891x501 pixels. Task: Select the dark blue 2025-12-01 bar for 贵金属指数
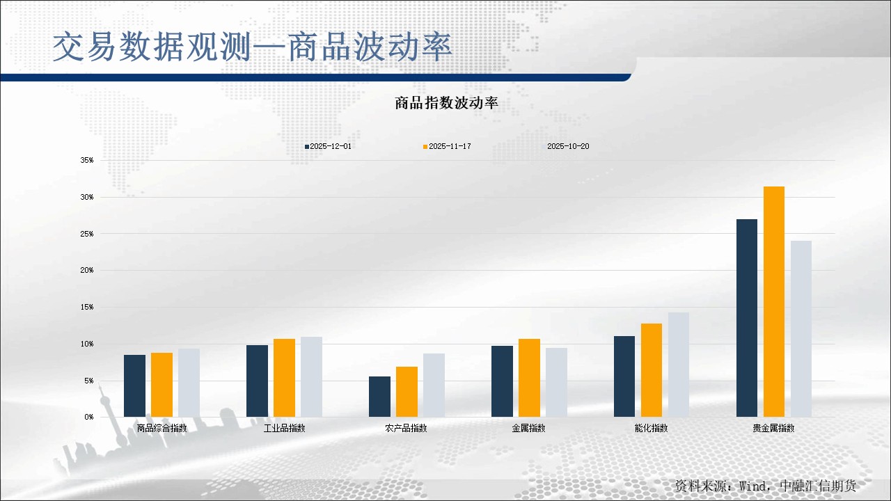[746, 318]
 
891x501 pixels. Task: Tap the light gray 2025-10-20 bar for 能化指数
[679, 365]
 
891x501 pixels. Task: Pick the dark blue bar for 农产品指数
[379, 397]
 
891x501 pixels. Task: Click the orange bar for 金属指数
[529, 378]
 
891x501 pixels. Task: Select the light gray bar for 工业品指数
[311, 376]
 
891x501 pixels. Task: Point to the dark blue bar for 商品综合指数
[134, 385]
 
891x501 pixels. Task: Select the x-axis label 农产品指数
[406, 428]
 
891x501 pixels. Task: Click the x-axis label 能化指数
[651, 428]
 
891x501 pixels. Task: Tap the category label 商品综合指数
[161, 428]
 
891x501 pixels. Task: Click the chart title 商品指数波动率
[446, 104]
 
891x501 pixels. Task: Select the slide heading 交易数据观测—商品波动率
[252, 47]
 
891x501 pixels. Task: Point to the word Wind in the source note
[751, 485]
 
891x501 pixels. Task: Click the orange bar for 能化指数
[652, 370]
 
